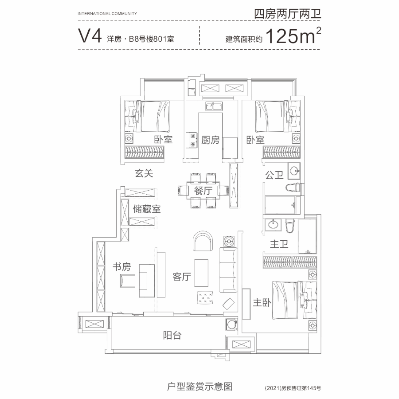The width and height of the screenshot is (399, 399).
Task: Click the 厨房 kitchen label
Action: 210,140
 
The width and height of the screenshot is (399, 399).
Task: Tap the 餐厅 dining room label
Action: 203,191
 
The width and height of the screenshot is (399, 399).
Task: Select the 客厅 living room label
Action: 182,277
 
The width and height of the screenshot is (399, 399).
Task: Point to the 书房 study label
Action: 122,267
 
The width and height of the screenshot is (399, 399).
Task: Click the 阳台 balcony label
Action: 172,336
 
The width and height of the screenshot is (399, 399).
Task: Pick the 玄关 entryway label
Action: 144,173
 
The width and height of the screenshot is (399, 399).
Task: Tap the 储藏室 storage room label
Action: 147,209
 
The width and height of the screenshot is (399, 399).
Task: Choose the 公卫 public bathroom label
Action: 274,175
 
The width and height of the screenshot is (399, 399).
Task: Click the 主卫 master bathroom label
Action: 279,244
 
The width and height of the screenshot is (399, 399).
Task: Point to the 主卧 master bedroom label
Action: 262,302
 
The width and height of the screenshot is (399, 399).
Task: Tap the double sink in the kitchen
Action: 214,106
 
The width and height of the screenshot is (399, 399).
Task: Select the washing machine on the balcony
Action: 231,325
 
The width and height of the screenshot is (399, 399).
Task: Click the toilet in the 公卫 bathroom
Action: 293,187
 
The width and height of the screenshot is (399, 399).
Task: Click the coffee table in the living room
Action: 201,273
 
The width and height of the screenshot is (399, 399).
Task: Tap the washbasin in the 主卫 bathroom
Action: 273,225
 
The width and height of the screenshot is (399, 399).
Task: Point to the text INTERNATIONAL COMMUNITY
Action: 107,13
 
